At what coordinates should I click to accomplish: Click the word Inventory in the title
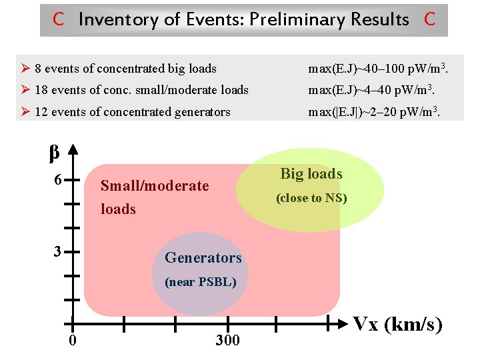[x=119, y=19]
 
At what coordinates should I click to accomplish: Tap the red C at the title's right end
[x=429, y=19]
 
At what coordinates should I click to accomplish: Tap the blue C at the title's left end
[x=59, y=19]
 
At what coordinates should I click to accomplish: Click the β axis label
[x=55, y=153]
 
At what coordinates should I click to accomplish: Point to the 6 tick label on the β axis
[x=58, y=181]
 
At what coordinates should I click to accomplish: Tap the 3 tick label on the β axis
[x=58, y=252]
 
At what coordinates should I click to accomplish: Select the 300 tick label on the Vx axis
[x=227, y=341]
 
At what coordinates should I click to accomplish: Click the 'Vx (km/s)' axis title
[x=397, y=325]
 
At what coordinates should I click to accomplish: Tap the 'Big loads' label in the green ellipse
[x=311, y=174]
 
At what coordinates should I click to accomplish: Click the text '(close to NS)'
[x=311, y=198]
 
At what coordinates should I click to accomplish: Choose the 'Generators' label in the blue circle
[x=203, y=257]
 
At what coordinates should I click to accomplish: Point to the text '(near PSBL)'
[x=200, y=281]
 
